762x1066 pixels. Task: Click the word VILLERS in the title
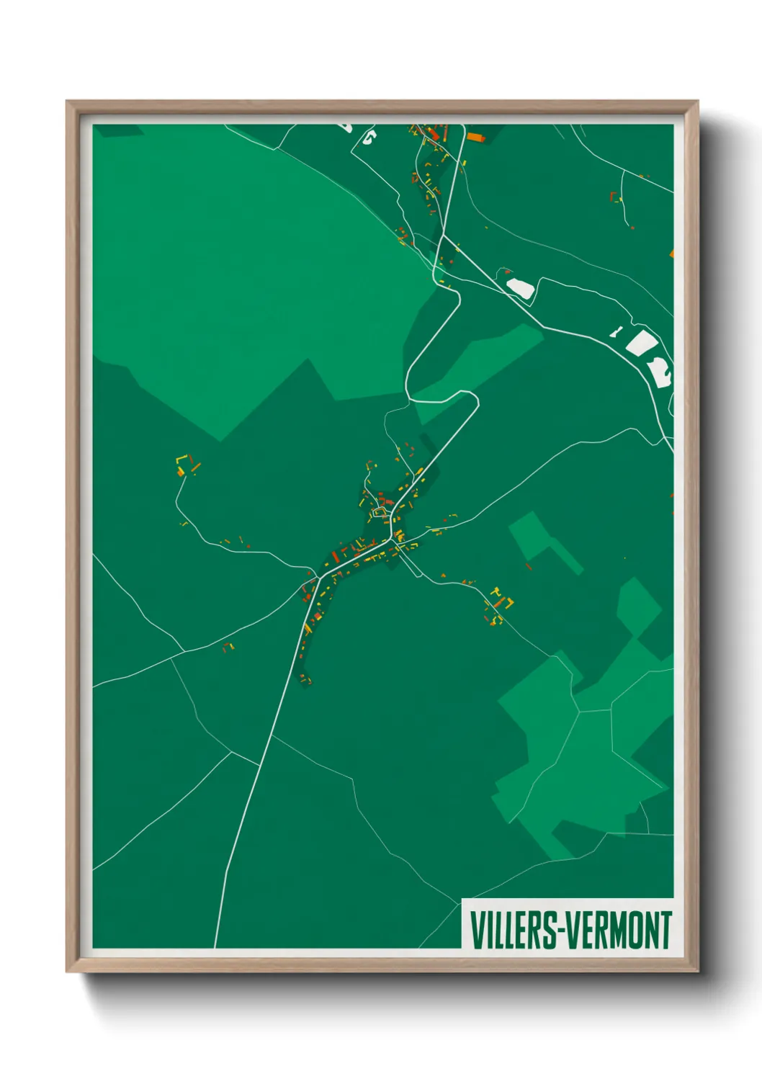[513, 930]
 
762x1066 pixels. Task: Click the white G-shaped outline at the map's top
[369, 137]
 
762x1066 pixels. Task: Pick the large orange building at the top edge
[475, 136]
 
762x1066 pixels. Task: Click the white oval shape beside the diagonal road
[521, 288]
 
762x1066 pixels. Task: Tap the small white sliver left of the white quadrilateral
[616, 331]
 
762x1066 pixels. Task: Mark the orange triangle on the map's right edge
[671, 253]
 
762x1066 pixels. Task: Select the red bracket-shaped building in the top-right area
[614, 197]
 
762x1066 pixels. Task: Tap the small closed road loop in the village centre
[380, 512]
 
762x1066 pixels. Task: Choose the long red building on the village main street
[335, 555]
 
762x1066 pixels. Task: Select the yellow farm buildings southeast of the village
[500, 599]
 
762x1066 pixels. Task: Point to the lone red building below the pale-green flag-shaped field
[528, 567]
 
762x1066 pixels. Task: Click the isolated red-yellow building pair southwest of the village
[229, 646]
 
